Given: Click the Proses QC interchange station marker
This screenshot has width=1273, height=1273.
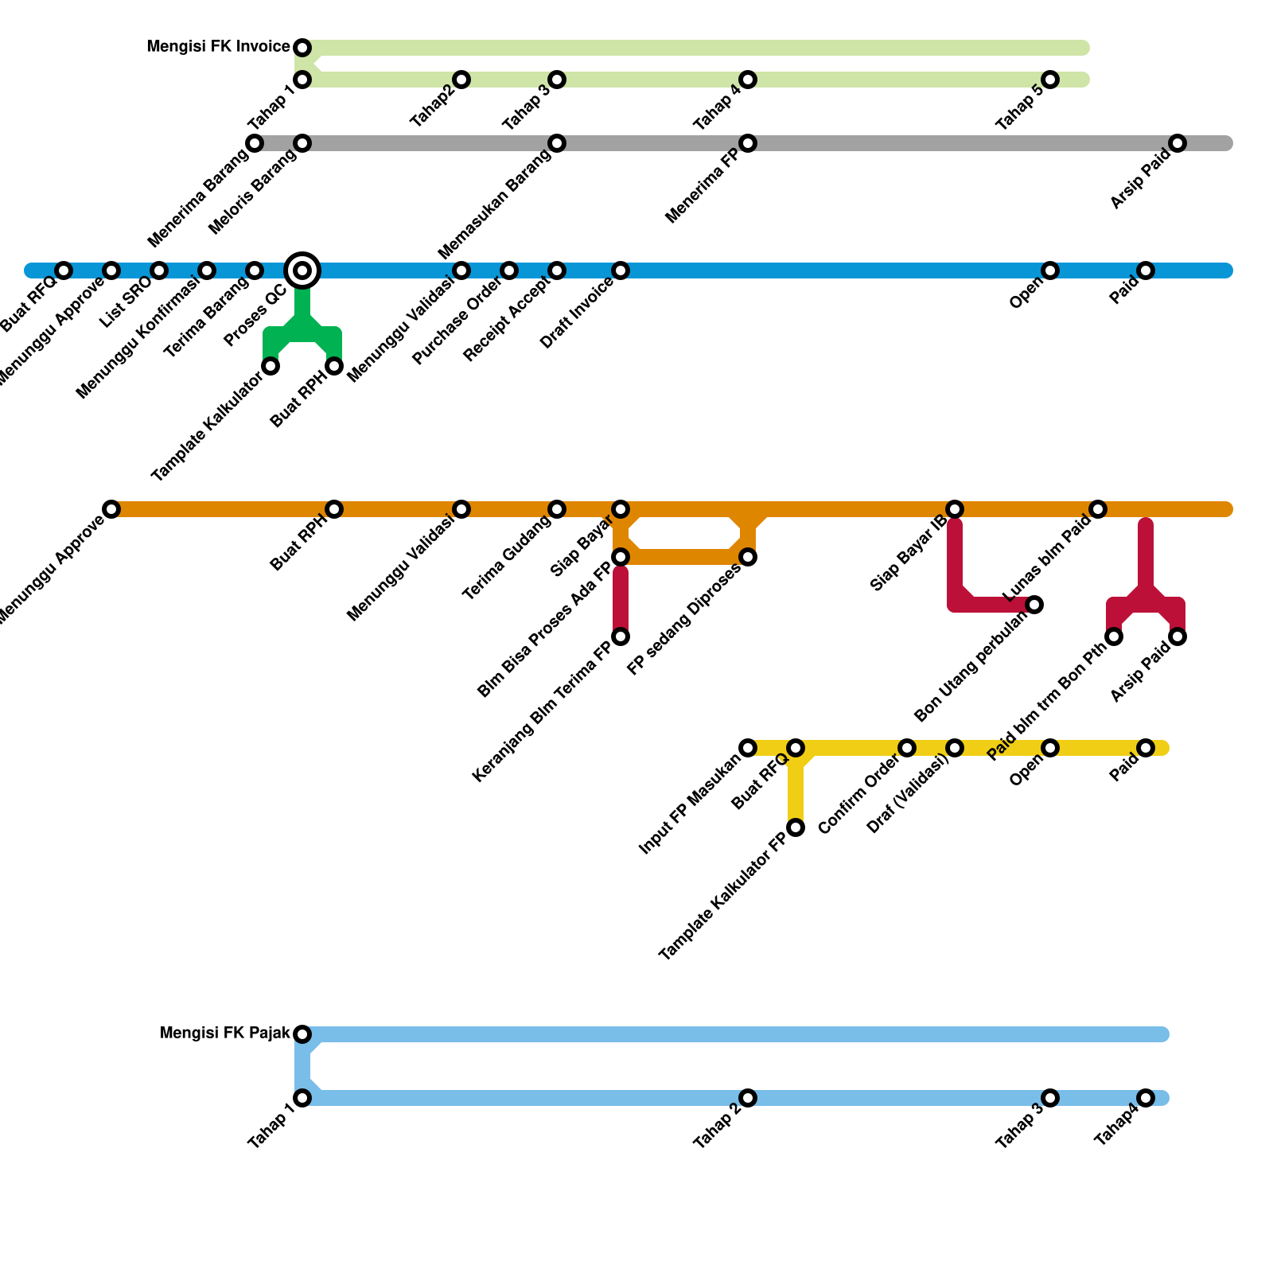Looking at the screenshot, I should [x=302, y=271].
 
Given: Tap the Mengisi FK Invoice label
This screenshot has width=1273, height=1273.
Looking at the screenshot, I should [x=218, y=48].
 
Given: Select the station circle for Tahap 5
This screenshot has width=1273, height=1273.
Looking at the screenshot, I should [x=1050, y=80].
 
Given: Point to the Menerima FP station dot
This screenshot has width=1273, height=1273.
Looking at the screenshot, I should [x=748, y=143].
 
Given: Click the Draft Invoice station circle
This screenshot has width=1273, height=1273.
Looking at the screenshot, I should [x=621, y=271].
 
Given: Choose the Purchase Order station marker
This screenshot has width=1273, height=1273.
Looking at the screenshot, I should [x=509, y=271].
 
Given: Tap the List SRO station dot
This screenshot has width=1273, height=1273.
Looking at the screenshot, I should [x=159, y=271].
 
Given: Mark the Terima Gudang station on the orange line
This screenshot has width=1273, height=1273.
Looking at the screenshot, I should [x=557, y=509].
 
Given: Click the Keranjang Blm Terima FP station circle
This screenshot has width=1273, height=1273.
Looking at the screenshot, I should [x=621, y=636].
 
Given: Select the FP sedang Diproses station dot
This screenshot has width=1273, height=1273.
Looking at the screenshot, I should [x=748, y=557].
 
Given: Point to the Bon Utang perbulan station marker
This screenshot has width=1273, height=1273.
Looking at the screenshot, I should [x=1034, y=605].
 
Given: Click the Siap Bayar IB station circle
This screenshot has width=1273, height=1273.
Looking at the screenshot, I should [x=955, y=509].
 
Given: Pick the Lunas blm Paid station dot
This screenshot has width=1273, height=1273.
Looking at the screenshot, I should [x=1098, y=509].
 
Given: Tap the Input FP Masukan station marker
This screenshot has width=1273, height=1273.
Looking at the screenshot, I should [x=748, y=748].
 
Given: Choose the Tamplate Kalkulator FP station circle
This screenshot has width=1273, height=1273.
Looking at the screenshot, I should [x=796, y=827].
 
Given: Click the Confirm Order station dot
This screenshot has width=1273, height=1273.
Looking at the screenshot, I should [x=907, y=748].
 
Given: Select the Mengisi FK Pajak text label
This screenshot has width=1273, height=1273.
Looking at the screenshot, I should [x=225, y=1034].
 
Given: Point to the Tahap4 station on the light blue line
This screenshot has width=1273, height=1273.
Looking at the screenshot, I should [x=1146, y=1098].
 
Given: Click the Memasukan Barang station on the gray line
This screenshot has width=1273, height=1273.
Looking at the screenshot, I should [x=557, y=143].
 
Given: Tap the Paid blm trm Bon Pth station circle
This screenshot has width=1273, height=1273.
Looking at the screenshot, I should [x=1114, y=636].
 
